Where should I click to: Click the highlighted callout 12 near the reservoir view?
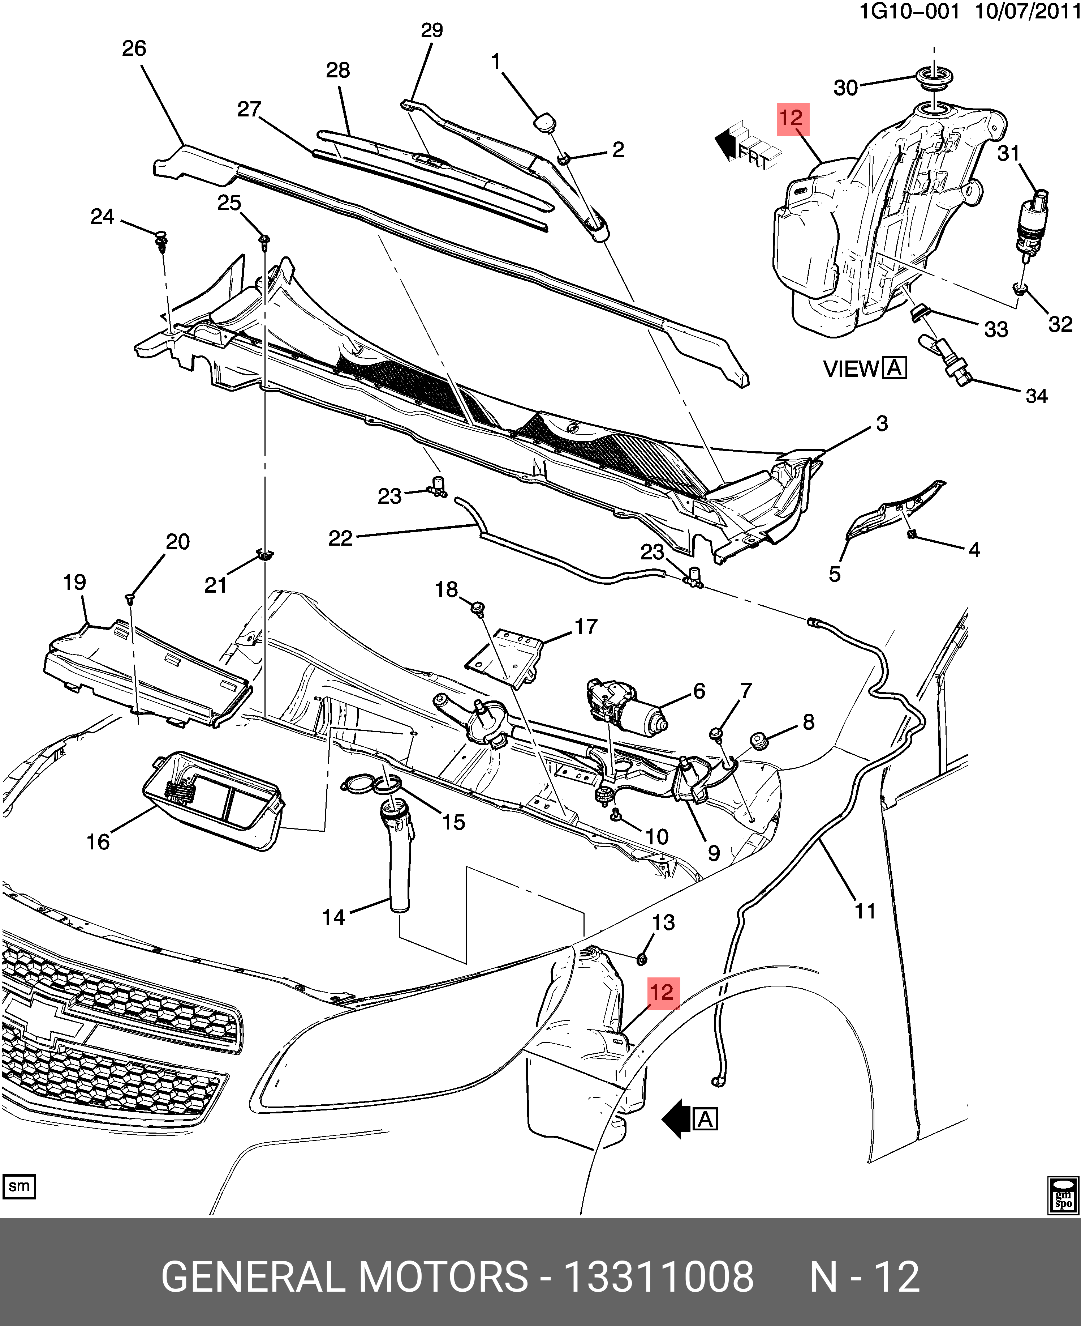click(793, 119)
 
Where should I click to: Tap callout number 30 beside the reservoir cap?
click(846, 88)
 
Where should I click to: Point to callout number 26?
click(134, 48)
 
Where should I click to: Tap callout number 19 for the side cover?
click(75, 582)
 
